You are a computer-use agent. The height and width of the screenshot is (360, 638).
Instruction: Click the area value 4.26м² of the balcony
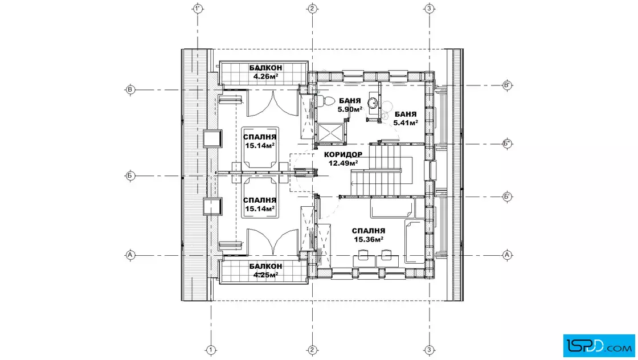pos(265,76)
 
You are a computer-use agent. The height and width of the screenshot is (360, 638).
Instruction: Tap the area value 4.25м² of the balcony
pos(265,275)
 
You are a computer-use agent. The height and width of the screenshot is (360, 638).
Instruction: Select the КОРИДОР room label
pos(343,154)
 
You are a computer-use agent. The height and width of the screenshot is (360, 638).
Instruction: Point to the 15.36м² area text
pos(369,240)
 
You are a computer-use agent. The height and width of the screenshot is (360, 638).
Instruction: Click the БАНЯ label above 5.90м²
pos(350,101)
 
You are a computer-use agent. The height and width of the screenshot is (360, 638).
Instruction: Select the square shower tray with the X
pos(330,133)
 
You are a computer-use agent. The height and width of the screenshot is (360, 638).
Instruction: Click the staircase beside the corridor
pos(382,170)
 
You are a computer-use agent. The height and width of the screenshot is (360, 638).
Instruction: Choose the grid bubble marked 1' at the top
pos(198,9)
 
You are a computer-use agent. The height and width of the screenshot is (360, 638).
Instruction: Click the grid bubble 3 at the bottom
pos(430,350)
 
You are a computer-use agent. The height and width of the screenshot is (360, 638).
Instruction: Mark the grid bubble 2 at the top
pos(312,9)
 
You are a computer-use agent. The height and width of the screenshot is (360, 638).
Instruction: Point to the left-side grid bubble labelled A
pos(130,255)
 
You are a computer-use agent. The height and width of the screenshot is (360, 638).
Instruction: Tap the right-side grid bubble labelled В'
pos(507,85)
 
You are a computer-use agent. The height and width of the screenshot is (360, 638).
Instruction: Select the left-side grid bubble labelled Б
pos(130,176)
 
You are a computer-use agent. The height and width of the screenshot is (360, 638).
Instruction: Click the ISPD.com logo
pos(599,346)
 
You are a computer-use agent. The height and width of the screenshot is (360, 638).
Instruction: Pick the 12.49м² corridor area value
pos(343,163)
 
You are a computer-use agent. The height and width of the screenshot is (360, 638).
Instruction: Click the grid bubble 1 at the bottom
pos(211,350)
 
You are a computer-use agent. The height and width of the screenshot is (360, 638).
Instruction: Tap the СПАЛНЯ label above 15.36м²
pos(369,231)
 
